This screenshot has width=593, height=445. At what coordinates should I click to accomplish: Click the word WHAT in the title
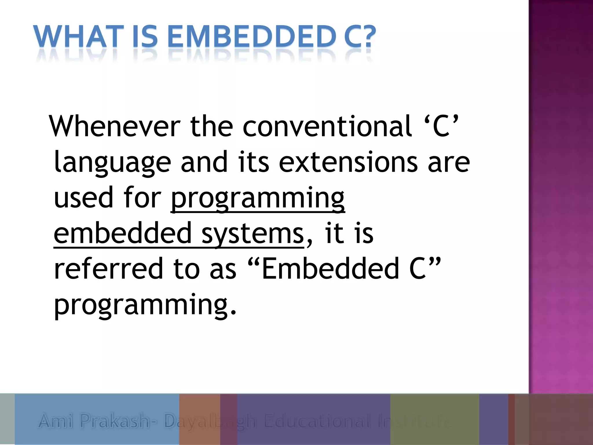click(78, 37)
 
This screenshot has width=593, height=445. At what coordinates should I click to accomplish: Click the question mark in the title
click(367, 37)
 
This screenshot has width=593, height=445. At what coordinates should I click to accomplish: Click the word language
click(112, 162)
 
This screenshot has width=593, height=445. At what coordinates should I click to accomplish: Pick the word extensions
click(348, 162)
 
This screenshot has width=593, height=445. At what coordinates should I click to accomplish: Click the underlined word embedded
click(123, 234)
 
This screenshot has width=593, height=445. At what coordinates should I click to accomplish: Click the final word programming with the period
click(145, 305)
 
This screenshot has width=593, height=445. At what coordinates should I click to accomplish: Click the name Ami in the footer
click(56, 421)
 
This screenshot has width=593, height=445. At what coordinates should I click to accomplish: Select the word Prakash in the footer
click(115, 421)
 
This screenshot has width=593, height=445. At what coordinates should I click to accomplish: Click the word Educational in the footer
click(317, 421)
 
